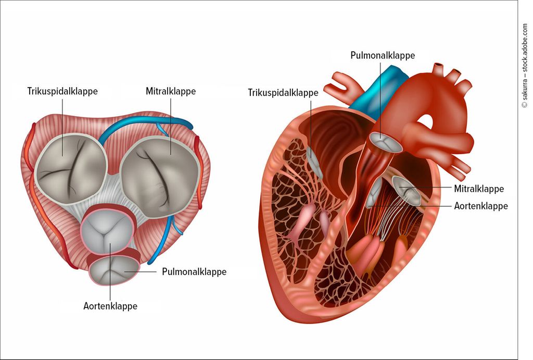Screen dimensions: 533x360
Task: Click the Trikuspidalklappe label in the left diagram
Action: [62, 91]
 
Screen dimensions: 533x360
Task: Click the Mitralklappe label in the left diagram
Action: [171, 91]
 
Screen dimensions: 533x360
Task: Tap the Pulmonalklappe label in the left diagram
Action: [194, 272]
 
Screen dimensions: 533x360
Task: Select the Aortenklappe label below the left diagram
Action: [110, 306]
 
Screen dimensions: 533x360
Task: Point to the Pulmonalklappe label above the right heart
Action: [383, 55]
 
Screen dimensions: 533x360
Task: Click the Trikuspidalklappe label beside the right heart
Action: [283, 93]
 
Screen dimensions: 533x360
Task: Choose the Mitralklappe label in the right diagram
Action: [479, 189]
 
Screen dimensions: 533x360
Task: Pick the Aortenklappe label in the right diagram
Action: [481, 206]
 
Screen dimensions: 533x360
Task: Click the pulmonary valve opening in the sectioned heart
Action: [386, 142]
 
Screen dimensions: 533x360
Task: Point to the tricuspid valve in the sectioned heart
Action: [314, 163]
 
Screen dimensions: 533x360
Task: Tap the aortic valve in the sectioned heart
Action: [375, 193]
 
